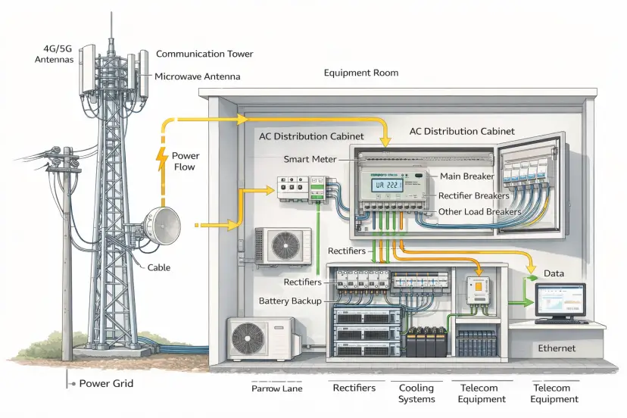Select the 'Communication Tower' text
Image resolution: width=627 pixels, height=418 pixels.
point(204,54)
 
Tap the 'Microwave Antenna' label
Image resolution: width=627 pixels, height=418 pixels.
point(198,76)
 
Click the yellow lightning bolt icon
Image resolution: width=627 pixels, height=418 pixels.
point(161,158)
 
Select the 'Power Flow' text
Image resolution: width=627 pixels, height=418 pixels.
point(186,161)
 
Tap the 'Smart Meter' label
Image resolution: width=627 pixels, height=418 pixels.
point(310,160)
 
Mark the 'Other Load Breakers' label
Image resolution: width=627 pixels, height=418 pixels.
point(479,212)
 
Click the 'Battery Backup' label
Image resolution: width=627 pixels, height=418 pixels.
point(290,301)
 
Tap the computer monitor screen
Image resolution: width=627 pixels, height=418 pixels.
point(560,301)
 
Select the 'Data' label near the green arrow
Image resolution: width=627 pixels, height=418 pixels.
point(554,273)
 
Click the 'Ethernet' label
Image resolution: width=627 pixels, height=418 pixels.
point(557,348)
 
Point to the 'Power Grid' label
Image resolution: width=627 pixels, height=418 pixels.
point(106,383)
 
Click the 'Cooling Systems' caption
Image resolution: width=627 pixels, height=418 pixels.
point(416,393)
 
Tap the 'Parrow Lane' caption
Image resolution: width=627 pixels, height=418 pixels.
point(276,388)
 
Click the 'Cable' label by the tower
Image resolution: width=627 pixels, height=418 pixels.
point(159,267)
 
